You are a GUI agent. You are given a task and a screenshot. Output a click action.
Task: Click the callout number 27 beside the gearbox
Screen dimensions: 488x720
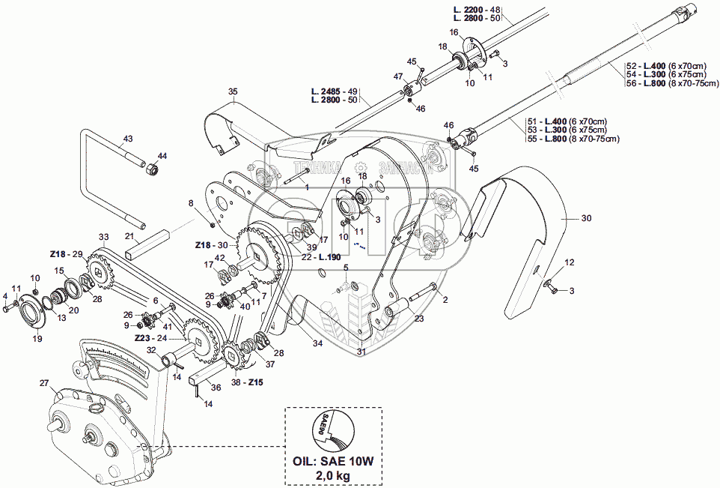pos(44,383)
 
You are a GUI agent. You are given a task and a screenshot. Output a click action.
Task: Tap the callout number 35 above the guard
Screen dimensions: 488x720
pos(233,92)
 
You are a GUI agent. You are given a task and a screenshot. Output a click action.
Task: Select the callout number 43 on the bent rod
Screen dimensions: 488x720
pos(127,139)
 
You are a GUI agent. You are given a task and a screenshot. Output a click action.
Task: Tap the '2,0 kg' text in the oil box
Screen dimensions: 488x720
pos(333,475)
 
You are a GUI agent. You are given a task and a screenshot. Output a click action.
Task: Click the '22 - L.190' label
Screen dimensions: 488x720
pos(317,257)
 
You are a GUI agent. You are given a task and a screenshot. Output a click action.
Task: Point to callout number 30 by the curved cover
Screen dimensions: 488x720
pos(586,218)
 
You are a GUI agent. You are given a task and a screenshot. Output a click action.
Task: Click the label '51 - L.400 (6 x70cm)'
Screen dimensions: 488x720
pos(567,121)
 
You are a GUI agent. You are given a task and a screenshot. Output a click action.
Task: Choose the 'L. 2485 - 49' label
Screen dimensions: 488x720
pos(335,91)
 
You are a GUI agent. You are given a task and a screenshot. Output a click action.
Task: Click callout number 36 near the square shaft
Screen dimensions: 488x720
pos(216,388)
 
